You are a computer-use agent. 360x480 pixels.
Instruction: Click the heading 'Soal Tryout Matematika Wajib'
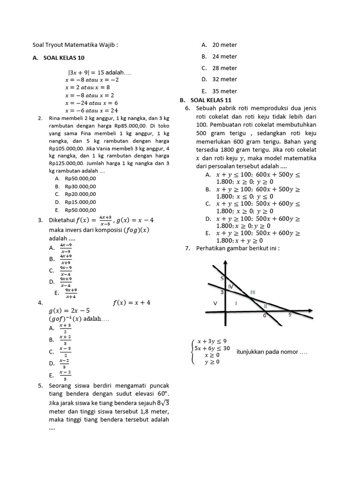tap(75, 45)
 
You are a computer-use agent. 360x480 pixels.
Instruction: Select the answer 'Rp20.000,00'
tap(80, 194)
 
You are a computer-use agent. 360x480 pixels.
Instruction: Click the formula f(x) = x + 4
tap(131, 303)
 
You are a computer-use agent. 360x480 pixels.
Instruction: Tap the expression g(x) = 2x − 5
tap(69, 311)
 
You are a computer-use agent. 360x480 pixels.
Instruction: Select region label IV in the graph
tap(230, 286)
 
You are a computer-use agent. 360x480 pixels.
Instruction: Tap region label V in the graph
tap(215, 303)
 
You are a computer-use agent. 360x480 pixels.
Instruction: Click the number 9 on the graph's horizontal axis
tap(289, 315)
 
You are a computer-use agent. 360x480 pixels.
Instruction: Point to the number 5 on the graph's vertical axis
tap(222, 279)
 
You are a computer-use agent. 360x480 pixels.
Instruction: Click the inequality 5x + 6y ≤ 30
tap(212, 348)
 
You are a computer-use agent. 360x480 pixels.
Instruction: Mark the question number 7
tap(187, 248)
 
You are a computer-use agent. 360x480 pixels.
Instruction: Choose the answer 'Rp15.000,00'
tap(80, 202)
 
